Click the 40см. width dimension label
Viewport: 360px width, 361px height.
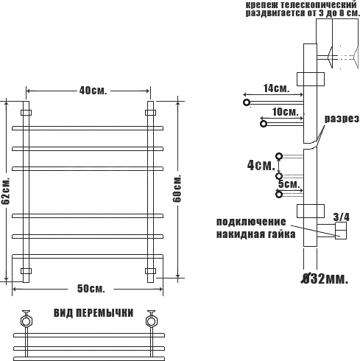pyautogui.click(x=93, y=91)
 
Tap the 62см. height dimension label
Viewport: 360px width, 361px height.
pyautogui.click(x=5, y=191)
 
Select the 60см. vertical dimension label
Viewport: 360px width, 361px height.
pyautogui.click(x=177, y=189)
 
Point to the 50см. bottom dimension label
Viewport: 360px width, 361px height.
pyautogui.click(x=91, y=289)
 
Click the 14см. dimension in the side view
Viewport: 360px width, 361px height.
pyautogui.click(x=276, y=88)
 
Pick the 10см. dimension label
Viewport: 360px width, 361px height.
pyautogui.click(x=285, y=112)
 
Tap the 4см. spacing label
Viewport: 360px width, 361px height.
pyautogui.click(x=261, y=165)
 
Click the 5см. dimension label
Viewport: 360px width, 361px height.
pyautogui.click(x=289, y=184)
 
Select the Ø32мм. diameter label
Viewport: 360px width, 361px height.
pyautogui.click(x=325, y=278)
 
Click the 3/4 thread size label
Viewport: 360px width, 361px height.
pyautogui.click(x=341, y=217)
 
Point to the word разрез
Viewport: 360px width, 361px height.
pyautogui.click(x=342, y=119)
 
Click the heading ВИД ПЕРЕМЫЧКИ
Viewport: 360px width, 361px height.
pyautogui.click(x=93, y=313)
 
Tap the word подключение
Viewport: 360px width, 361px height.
pyautogui.click(x=251, y=222)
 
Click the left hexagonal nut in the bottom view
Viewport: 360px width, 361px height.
pyautogui.click(x=26, y=321)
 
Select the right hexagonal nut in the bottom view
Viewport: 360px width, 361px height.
pyautogui.click(x=151, y=321)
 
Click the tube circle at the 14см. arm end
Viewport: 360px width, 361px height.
pyautogui.click(x=247, y=102)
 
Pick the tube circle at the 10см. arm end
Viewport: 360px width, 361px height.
pyautogui.click(x=264, y=124)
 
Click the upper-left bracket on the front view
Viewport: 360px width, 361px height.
pyautogui.click(x=26, y=113)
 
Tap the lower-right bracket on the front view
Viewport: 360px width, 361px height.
pyautogui.click(x=150, y=271)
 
